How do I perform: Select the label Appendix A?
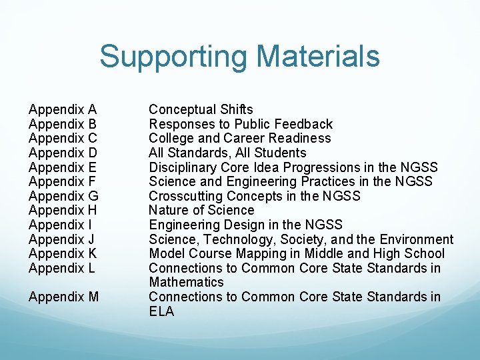pos(63,109)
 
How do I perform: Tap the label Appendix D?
pos(63,153)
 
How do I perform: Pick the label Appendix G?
pos(63,196)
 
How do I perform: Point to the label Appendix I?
pos(61,225)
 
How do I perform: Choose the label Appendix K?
pos(63,253)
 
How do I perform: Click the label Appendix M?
pos(64,297)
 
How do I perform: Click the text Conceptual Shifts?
pos(201,109)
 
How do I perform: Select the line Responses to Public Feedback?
pos(240,124)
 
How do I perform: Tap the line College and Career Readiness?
pos(239,138)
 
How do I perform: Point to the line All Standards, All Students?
pos(227,153)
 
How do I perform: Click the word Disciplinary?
pos(181,167)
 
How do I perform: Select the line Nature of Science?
pos(201,210)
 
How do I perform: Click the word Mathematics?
pos(186,282)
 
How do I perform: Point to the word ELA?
pos(161,311)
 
